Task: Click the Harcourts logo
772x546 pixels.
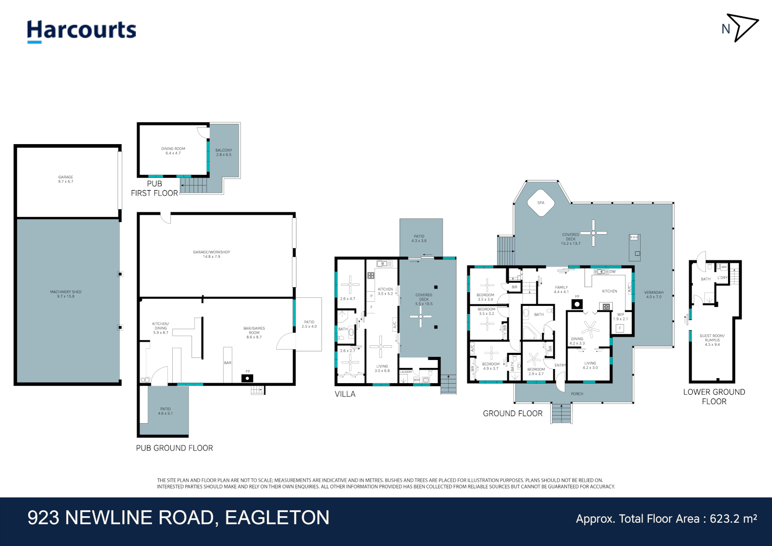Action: tap(81, 30)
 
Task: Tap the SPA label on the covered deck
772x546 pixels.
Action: tap(541, 203)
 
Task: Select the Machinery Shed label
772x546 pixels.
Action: tap(66, 294)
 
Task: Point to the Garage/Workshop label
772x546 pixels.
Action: tap(211, 254)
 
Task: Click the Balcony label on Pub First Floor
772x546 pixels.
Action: tap(223, 152)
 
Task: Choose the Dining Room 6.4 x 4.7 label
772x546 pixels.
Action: tap(173, 151)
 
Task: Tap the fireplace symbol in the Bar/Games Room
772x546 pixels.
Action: tap(248, 378)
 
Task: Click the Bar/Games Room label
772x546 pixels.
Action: tap(254, 333)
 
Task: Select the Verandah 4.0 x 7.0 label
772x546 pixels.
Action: tap(653, 295)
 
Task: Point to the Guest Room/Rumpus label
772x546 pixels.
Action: tap(712, 340)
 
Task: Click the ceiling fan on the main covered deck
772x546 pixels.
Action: tap(593, 233)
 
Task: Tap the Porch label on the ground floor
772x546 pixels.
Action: tap(576, 394)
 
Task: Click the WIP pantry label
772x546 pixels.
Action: tap(620, 316)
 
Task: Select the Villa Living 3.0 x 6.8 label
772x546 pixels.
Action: tap(382, 369)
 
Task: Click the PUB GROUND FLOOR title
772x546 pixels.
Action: tap(174, 448)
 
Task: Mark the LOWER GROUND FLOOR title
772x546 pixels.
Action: tap(714, 397)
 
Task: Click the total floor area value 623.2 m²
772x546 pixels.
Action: tap(733, 519)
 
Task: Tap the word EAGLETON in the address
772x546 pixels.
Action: tap(277, 518)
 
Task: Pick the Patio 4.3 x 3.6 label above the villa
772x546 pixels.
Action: tap(419, 238)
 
